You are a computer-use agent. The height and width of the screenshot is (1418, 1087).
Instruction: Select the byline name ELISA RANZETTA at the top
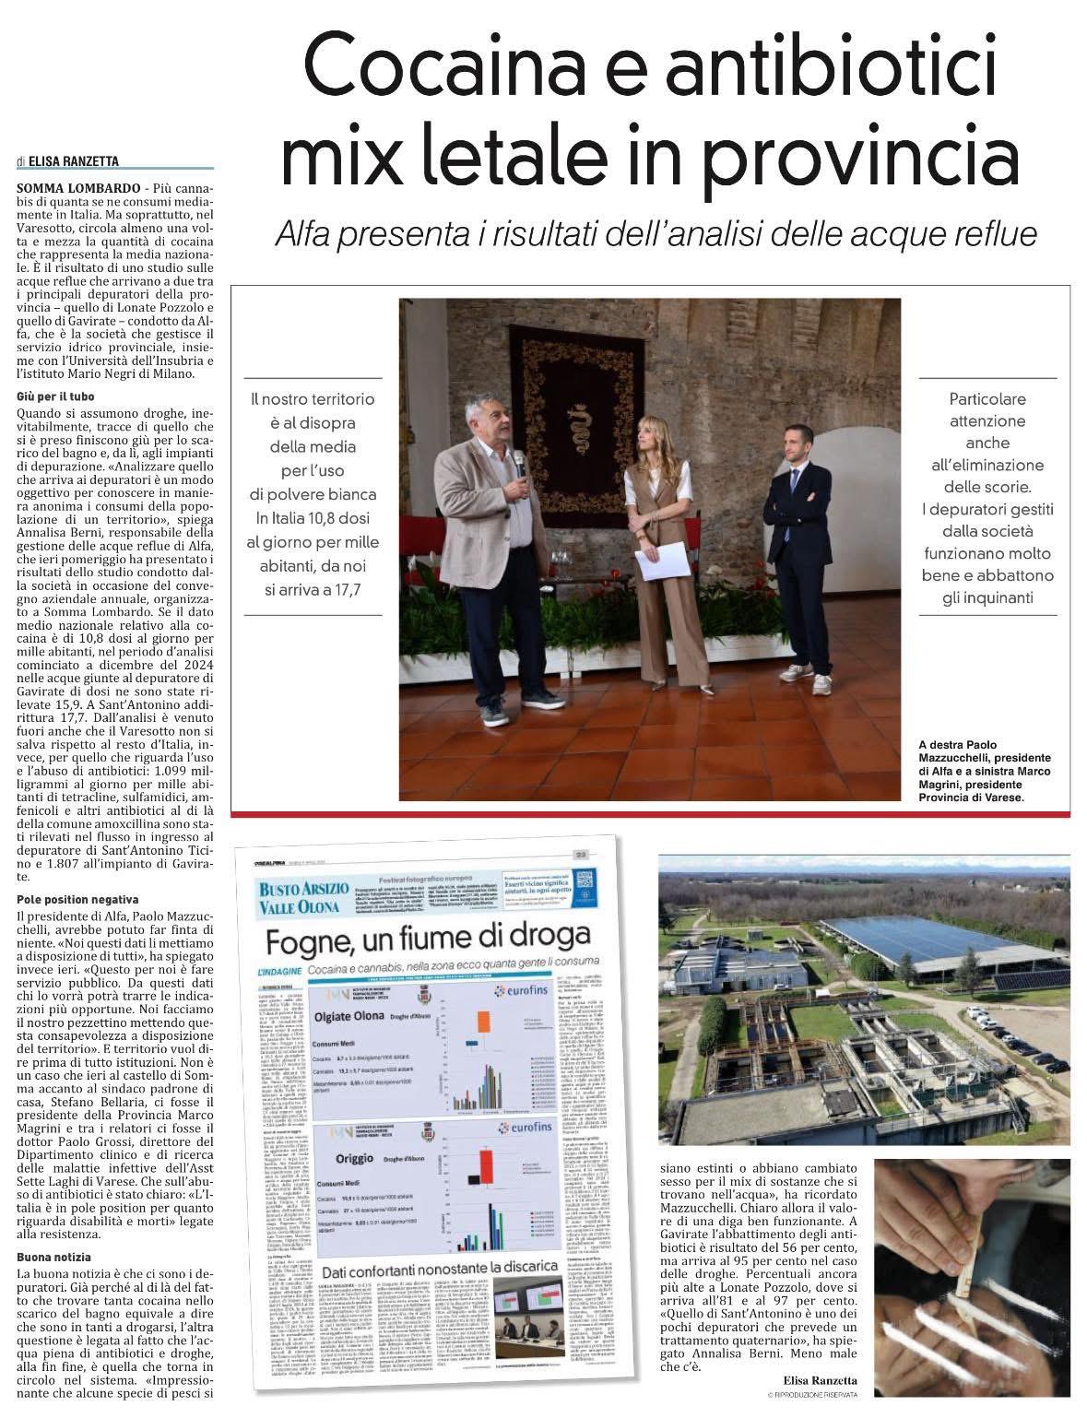[73, 161]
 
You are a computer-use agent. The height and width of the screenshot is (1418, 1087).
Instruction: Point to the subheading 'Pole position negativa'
[77, 899]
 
